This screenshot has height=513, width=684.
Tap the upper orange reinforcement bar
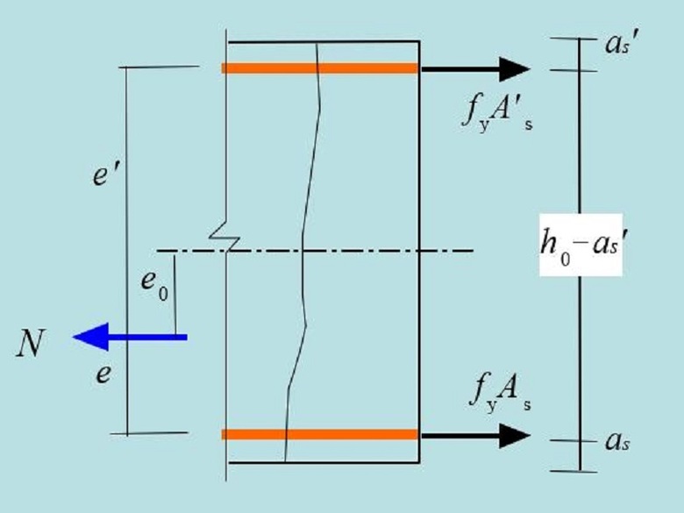pyautogui.click(x=321, y=68)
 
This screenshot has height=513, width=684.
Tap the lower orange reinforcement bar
pyautogui.click(x=321, y=434)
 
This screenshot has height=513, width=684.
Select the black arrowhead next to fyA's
pyautogui.click(x=512, y=68)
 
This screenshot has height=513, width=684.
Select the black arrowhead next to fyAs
pyautogui.click(x=512, y=434)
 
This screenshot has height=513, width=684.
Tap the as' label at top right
pyautogui.click(x=615, y=46)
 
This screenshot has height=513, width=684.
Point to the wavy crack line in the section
pyautogui.click(x=304, y=263)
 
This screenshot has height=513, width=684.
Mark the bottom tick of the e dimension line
pyautogui.click(x=158, y=433)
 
